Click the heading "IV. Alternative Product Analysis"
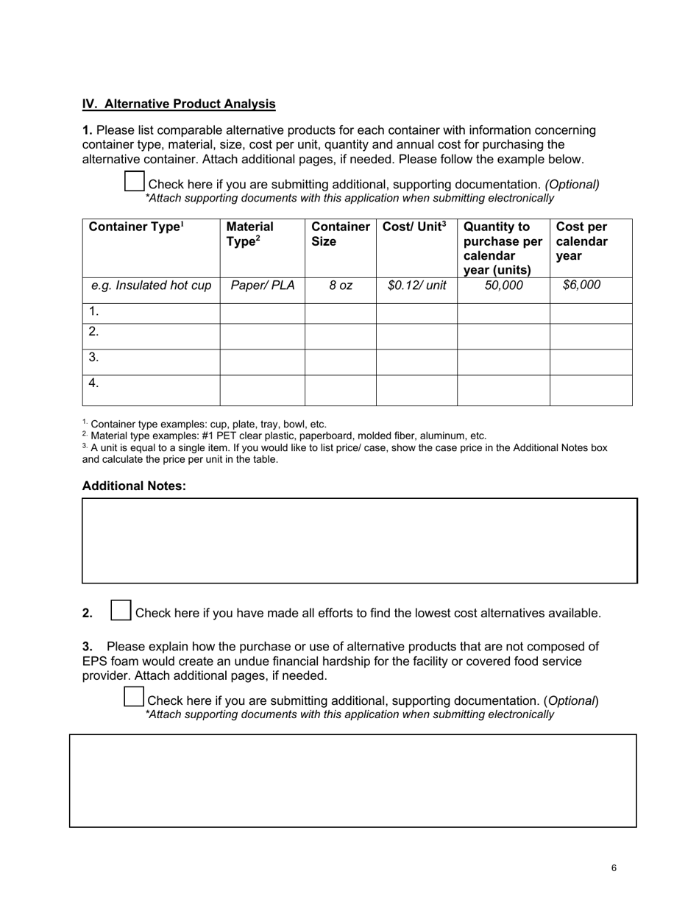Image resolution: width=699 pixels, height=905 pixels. [179, 104]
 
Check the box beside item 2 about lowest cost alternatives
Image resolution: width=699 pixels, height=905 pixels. [121, 611]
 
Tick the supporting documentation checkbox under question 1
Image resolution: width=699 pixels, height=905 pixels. [134, 181]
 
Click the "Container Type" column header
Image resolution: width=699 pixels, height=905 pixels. [136, 227]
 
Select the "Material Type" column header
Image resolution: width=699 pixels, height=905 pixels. [250, 234]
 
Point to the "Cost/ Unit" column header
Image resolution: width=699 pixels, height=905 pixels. [414, 227]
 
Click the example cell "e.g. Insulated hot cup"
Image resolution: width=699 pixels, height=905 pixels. [151, 285]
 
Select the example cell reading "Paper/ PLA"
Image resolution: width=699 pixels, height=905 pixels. [262, 285]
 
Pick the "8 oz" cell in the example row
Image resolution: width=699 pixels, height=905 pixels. [340, 285]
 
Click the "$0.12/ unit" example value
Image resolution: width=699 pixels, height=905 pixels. [416, 285]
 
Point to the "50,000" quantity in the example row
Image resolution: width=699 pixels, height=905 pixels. [503, 285]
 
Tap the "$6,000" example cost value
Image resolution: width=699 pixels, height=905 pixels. [581, 285]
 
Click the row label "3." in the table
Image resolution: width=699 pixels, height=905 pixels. [93, 358]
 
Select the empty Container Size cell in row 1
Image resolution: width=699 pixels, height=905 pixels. [340, 313]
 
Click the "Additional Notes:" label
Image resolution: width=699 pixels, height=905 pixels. [134, 486]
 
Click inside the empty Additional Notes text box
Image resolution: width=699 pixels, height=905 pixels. [359, 541]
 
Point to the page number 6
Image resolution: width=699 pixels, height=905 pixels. [614, 868]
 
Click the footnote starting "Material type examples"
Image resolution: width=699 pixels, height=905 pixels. [287, 436]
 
